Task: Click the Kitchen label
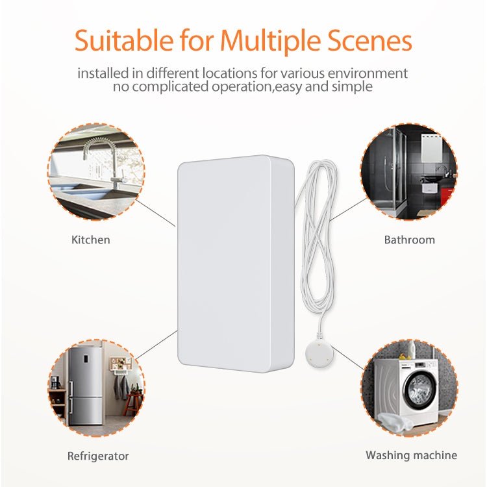click(90, 240)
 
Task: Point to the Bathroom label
click(409, 240)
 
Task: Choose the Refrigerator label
click(98, 456)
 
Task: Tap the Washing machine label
click(411, 455)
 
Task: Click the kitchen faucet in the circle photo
click(107, 156)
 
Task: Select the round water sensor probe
click(319, 354)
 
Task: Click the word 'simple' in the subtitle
click(355, 86)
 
